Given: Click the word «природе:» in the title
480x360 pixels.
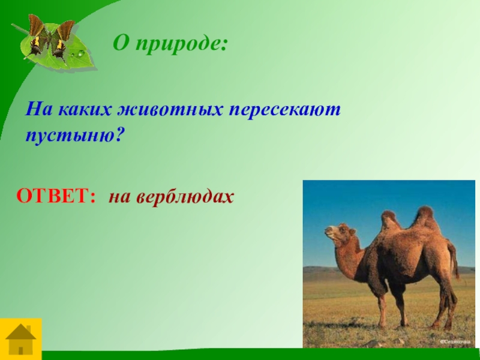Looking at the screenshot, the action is (182, 44).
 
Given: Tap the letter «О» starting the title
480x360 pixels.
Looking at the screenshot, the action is (121, 43).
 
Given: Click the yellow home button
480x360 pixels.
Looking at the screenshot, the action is (21, 339).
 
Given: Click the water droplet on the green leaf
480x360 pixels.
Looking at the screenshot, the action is (80, 54).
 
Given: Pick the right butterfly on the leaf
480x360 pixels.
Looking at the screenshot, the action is (63, 40).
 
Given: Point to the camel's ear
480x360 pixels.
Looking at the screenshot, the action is (353, 231).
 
